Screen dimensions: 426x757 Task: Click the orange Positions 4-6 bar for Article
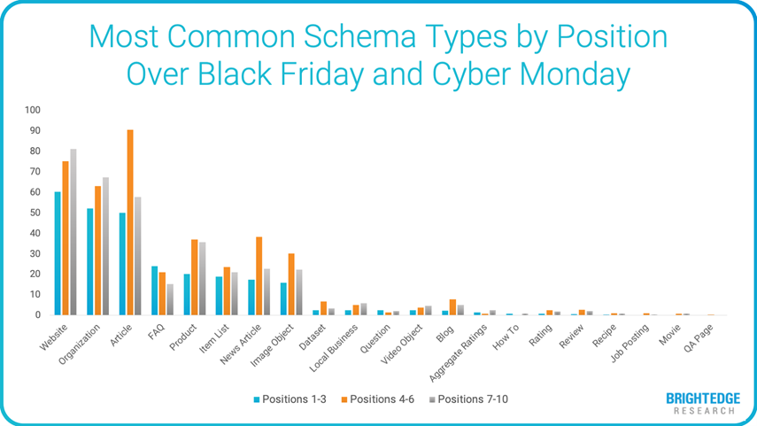coord(130,222)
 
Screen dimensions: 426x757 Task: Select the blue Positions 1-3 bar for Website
coord(58,253)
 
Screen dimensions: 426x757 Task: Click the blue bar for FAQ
coord(154,290)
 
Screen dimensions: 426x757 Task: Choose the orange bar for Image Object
coord(291,284)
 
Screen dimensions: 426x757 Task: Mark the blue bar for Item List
coord(219,296)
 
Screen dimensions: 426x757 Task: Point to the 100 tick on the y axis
coord(34,110)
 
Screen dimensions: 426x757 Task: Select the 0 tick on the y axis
coord(38,315)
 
